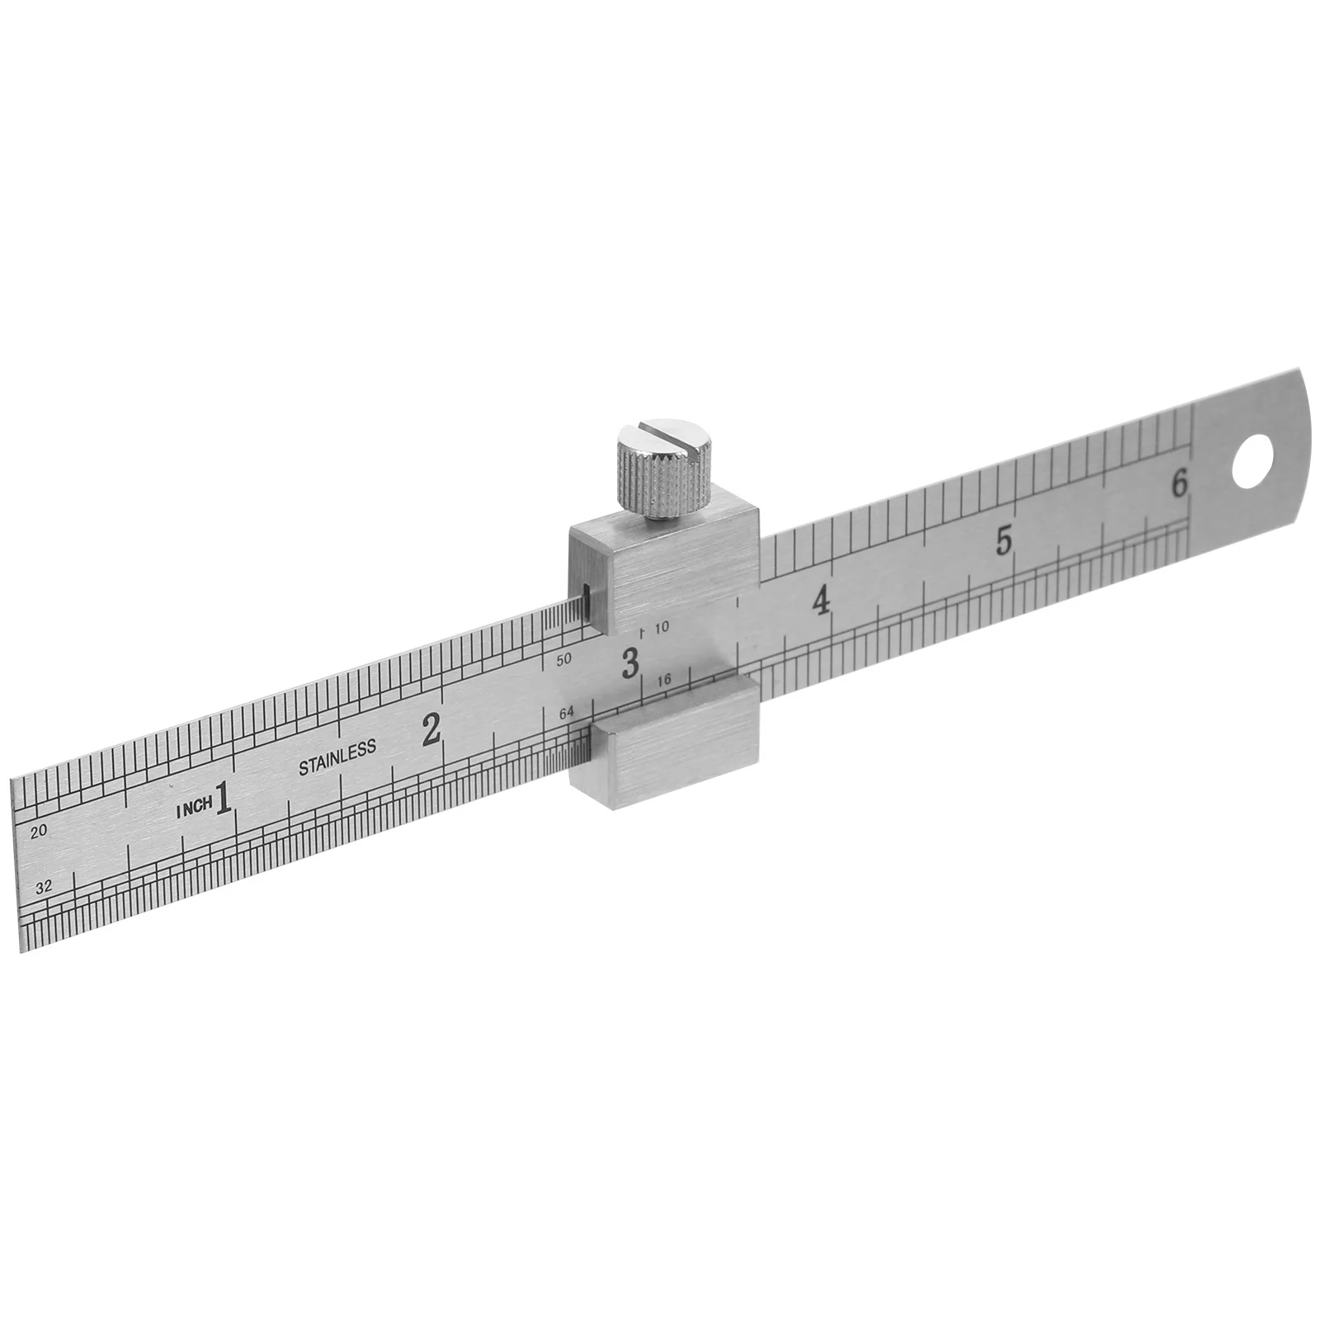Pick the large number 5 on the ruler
pos(1004,540)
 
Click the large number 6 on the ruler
pos(1180,483)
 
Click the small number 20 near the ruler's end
pos(38,832)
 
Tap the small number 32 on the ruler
pos(45,887)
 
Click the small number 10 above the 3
pos(662,627)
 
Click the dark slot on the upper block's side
pos(584,601)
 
